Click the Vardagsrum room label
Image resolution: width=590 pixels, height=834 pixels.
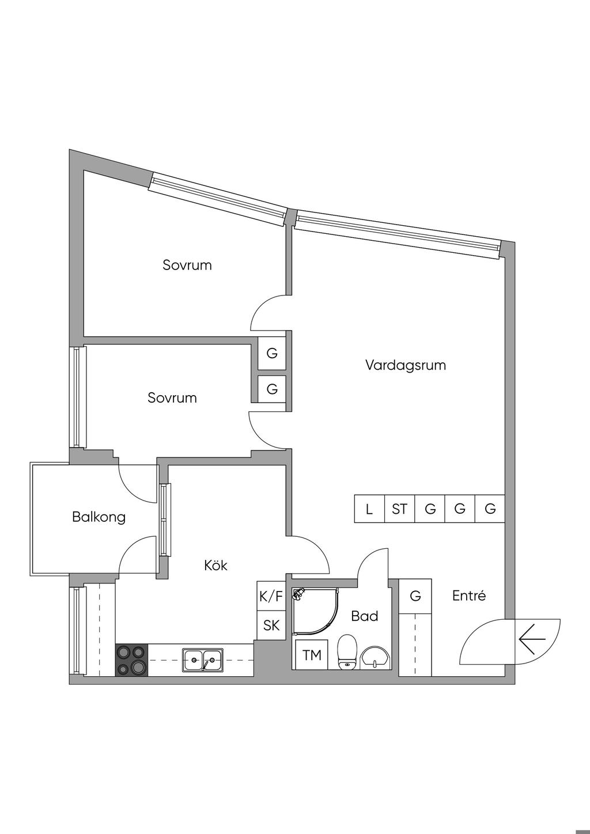point(406,365)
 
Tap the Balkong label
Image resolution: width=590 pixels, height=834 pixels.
point(99,517)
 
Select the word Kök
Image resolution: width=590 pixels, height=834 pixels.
point(215,565)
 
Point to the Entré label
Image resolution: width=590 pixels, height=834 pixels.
point(468,596)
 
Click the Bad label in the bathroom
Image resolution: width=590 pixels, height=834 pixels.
point(364,616)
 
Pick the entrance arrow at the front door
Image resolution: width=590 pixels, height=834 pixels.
point(532,639)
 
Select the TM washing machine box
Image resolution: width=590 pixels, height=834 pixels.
point(312,655)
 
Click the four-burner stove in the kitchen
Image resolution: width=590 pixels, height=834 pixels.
point(132,659)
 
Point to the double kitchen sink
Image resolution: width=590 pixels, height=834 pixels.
point(203,659)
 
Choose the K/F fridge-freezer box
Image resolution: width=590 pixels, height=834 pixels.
point(271,596)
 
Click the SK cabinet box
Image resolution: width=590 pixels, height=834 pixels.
point(271,625)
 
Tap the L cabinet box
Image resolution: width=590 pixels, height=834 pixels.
point(369,509)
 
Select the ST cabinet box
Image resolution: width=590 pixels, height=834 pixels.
point(399,509)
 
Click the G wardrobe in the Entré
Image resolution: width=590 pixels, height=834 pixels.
point(415,596)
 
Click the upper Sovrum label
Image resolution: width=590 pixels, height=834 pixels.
point(187,265)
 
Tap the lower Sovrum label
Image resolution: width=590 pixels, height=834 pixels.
point(172,397)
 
